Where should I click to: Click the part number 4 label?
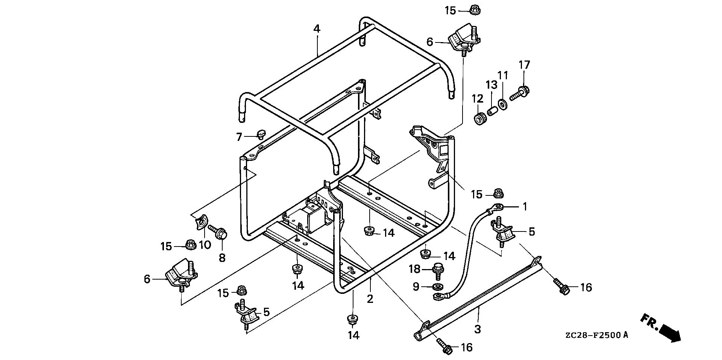pyautogui.click(x=317, y=29)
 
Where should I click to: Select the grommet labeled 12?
pyautogui.click(x=480, y=119)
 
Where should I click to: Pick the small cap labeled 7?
pyautogui.click(x=261, y=133)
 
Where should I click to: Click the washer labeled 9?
pyautogui.click(x=437, y=287)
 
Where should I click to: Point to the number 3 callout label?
pyautogui.click(x=477, y=330)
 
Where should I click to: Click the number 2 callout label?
pyautogui.click(x=370, y=299)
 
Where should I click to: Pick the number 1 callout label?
pyautogui.click(x=525, y=207)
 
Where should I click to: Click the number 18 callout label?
pyautogui.click(x=415, y=269)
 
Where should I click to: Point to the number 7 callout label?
pyautogui.click(x=239, y=137)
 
